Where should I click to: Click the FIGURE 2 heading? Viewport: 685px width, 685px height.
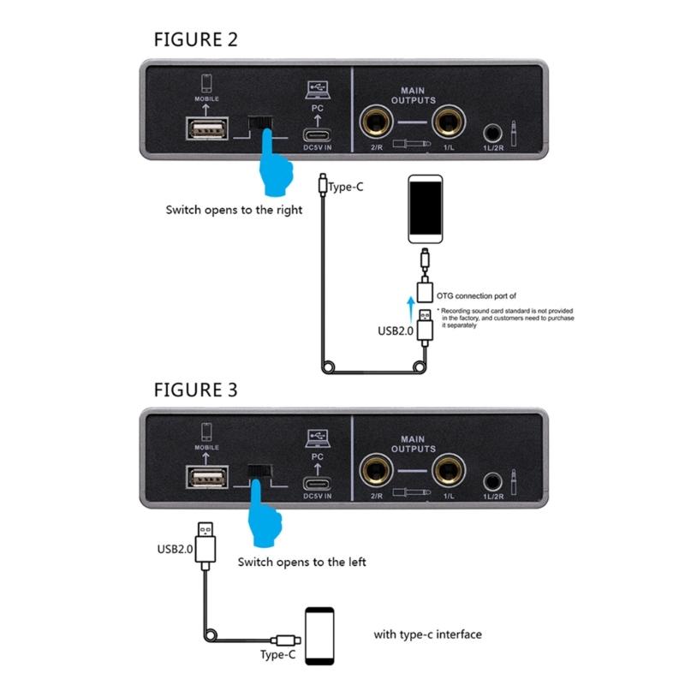tap(195, 39)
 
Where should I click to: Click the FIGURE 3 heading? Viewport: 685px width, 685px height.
tap(195, 390)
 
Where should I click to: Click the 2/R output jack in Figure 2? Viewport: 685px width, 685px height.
tap(375, 123)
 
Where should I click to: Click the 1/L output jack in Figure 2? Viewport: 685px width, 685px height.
tap(448, 123)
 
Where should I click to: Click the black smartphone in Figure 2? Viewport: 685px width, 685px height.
tap(425, 209)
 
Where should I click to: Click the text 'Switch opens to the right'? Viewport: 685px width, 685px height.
tap(234, 210)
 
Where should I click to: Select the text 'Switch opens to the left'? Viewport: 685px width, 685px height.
tap(301, 563)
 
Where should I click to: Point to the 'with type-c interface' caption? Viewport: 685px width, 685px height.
tap(427, 634)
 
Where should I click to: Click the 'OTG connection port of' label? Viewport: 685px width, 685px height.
tap(476, 295)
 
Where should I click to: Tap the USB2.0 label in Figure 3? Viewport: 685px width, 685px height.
tap(175, 548)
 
